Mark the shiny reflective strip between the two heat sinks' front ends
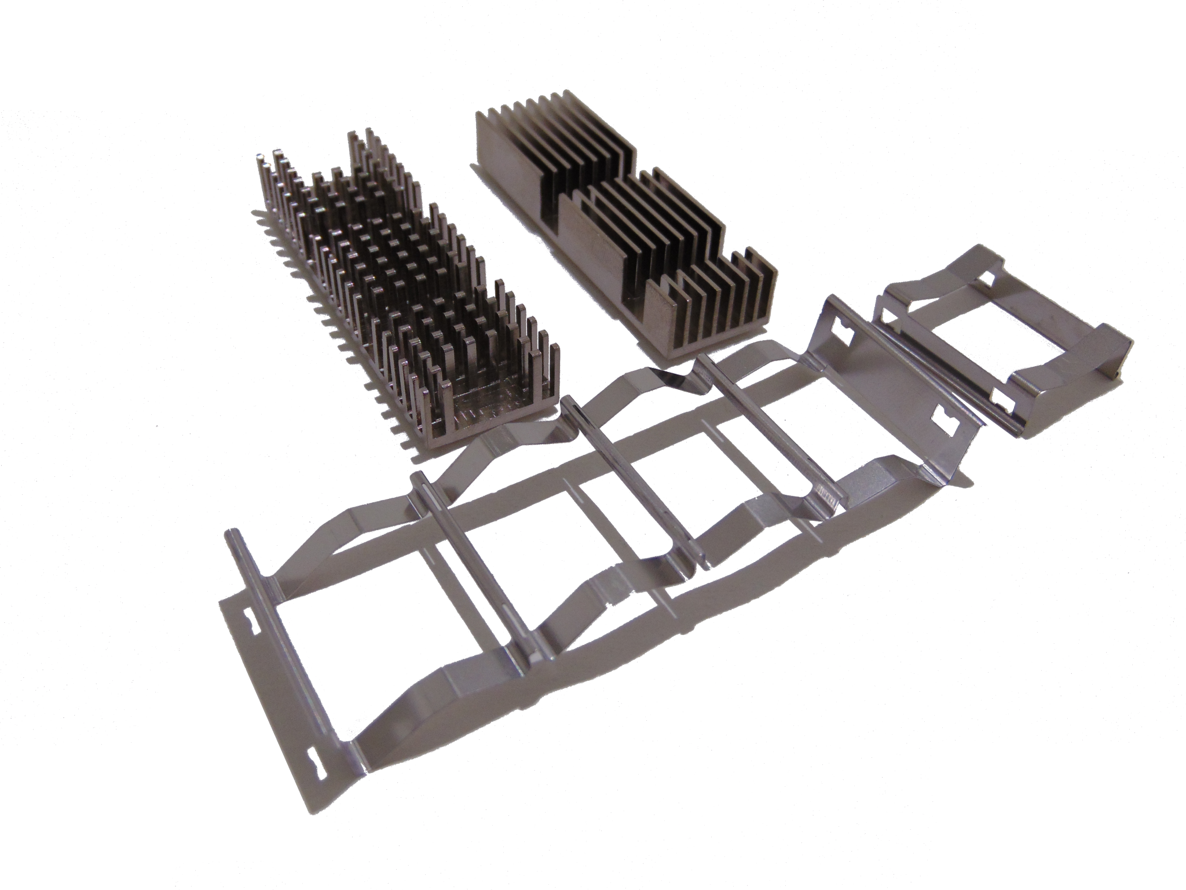coord(678,371)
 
